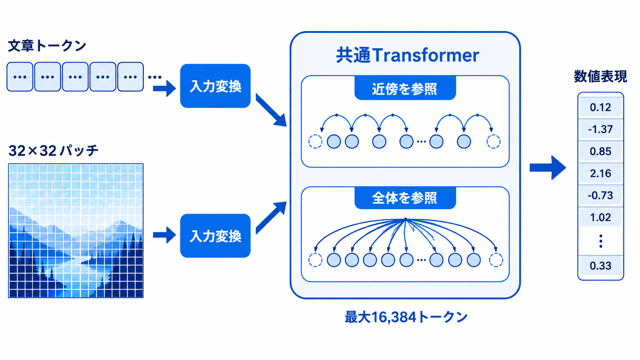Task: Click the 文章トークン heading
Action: pyautogui.click(x=47, y=46)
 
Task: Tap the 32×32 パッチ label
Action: pyautogui.click(x=53, y=150)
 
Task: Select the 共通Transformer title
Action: pyautogui.click(x=407, y=55)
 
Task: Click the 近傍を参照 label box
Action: pyautogui.click(x=405, y=88)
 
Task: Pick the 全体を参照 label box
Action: pyautogui.click(x=405, y=198)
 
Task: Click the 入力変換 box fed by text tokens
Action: pyautogui.click(x=216, y=86)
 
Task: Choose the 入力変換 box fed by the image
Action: pyautogui.click(x=216, y=236)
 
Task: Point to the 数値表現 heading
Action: pyautogui.click(x=600, y=76)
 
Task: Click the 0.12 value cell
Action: pyautogui.click(x=600, y=108)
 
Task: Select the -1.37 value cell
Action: pyautogui.click(x=600, y=129)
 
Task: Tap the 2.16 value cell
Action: pyautogui.click(x=600, y=173)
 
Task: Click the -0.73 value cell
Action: pyautogui.click(x=600, y=195)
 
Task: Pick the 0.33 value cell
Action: pyautogui.click(x=600, y=266)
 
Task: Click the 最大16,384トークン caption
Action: pyautogui.click(x=406, y=317)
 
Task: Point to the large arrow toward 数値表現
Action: pyautogui.click(x=548, y=168)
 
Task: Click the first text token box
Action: pyautogui.click(x=20, y=77)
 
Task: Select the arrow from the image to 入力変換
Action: pyautogui.click(x=164, y=235)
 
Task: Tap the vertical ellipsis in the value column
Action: pyautogui.click(x=601, y=241)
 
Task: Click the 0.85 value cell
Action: pyautogui.click(x=600, y=151)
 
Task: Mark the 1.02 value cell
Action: pyautogui.click(x=600, y=218)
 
